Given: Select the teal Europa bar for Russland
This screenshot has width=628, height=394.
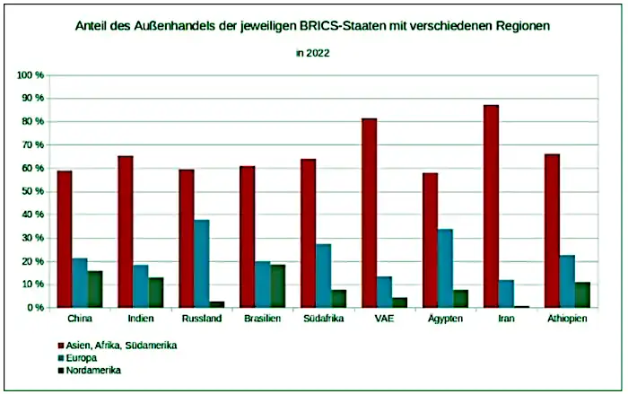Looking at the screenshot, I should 203,264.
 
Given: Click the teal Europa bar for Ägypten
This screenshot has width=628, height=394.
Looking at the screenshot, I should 445,268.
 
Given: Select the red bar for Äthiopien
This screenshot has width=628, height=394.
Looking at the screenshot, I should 552,231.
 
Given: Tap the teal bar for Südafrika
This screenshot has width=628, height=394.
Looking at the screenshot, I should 324,276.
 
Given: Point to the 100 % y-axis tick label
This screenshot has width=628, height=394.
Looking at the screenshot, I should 32,74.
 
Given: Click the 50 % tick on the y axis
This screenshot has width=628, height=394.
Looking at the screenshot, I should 34,191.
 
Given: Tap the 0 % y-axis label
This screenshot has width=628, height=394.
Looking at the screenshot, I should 37,308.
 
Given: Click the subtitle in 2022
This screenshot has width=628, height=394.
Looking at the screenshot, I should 313,53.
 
